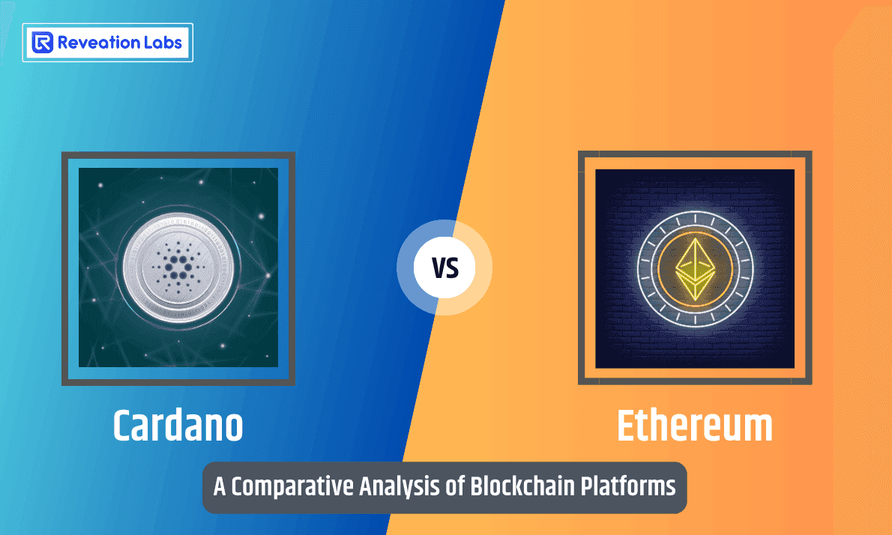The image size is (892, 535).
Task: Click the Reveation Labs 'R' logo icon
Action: point(43,43)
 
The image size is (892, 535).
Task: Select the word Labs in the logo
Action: point(162,43)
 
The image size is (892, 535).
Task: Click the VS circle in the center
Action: point(445,267)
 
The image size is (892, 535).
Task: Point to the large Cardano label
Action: point(178,426)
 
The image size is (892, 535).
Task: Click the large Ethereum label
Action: point(694,426)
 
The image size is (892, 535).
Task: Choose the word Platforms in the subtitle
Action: point(629,486)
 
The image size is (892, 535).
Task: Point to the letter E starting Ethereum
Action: point(627,426)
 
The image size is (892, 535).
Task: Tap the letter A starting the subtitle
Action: point(220,487)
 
